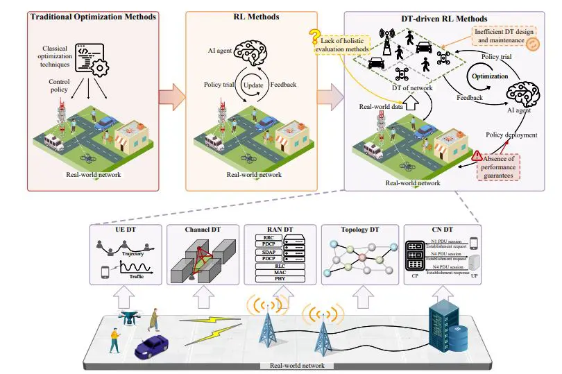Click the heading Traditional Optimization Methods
[92, 16]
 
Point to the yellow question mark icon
[315, 37]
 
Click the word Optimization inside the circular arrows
[491, 76]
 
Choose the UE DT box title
[125, 230]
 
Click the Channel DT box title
[203, 230]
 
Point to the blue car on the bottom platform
[151, 344]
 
